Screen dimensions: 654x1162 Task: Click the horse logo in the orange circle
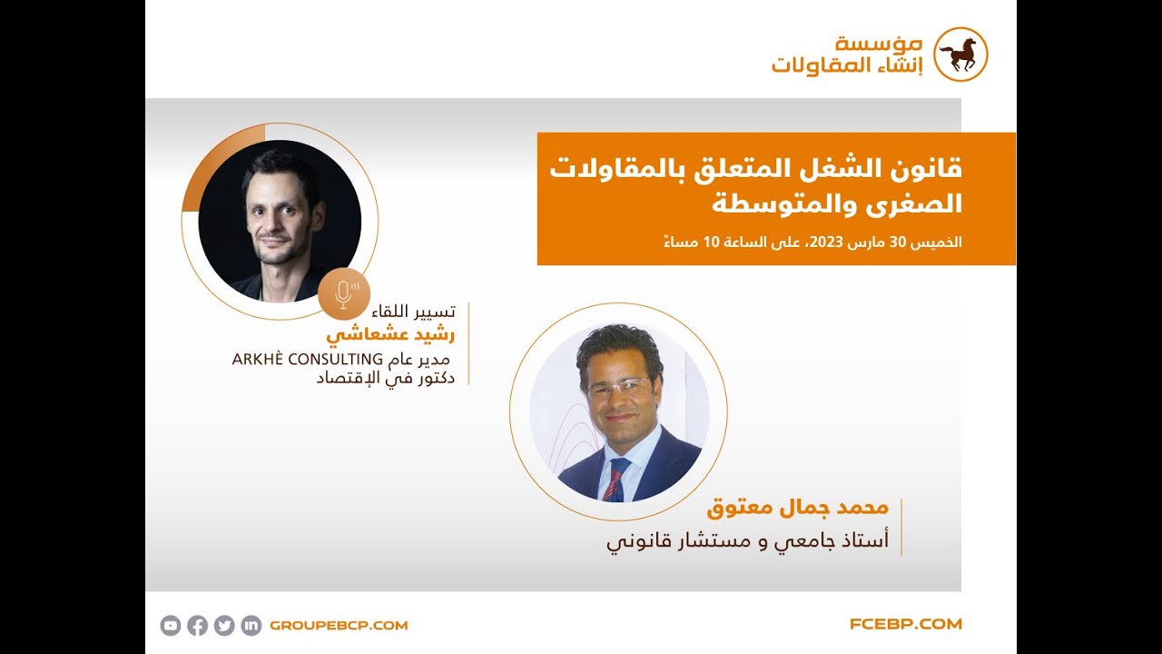click(x=960, y=54)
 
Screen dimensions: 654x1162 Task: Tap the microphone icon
click(x=344, y=292)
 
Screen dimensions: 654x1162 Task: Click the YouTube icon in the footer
click(x=171, y=625)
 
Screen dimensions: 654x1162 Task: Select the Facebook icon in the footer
click(x=197, y=625)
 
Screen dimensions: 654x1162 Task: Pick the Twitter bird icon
click(x=224, y=625)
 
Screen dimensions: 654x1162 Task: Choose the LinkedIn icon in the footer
click(x=251, y=625)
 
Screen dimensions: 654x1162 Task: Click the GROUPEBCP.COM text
click(x=339, y=625)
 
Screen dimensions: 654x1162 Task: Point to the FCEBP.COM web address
click(x=905, y=624)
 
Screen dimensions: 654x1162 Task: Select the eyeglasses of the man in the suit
click(x=618, y=388)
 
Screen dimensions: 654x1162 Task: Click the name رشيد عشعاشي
click(x=391, y=335)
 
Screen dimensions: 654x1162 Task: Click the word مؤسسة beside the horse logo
click(x=880, y=44)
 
